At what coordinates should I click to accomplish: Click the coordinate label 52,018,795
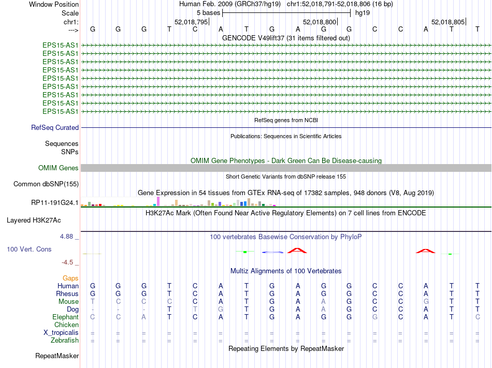click(191, 22)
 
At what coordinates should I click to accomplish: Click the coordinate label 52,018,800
click(320, 22)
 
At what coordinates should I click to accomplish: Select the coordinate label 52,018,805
click(448, 22)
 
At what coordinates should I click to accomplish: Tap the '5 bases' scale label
click(208, 13)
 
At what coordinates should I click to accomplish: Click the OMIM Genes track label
click(59, 168)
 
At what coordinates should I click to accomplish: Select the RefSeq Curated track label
click(55, 128)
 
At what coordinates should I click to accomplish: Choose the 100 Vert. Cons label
click(29, 249)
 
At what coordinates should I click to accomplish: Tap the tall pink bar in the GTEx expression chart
click(158, 201)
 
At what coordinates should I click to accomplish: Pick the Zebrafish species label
click(65, 341)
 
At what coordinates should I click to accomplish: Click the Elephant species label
click(65, 317)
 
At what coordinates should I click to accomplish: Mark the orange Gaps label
click(70, 278)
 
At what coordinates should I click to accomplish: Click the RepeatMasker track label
click(57, 356)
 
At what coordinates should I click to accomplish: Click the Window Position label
click(54, 4)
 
